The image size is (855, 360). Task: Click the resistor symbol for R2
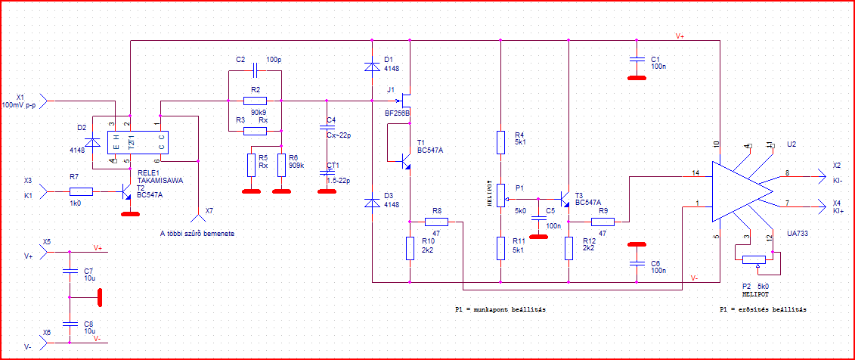click(x=255, y=100)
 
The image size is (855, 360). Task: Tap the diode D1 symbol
click(x=372, y=66)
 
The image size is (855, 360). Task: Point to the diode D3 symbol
click(x=372, y=203)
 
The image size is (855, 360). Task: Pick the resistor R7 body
click(x=81, y=192)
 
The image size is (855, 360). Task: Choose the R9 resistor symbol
click(x=603, y=222)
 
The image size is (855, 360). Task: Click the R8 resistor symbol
click(x=436, y=222)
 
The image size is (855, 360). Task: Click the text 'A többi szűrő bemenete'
click(x=198, y=234)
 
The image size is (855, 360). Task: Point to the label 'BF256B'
click(x=397, y=113)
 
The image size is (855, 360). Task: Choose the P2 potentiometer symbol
click(x=753, y=260)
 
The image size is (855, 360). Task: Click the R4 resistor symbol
click(x=500, y=142)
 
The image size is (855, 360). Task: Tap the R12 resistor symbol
click(x=568, y=248)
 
